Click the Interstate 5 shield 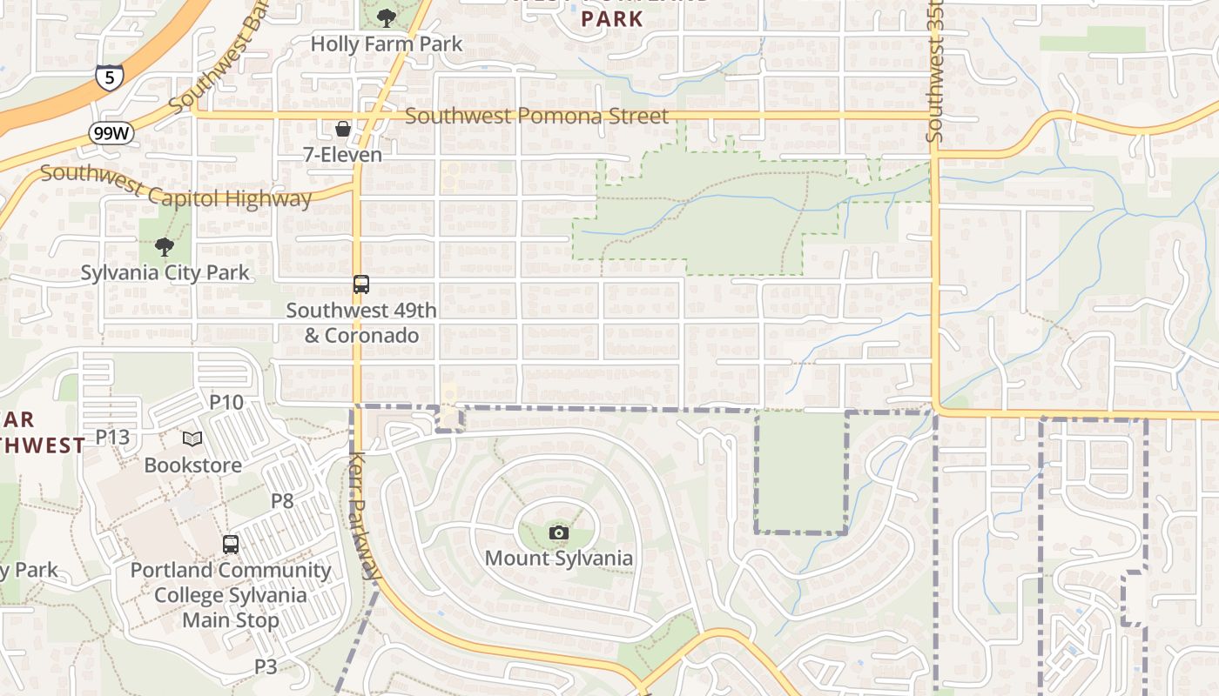109,77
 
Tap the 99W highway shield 111,133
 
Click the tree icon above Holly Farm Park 386,17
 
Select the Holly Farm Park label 387,43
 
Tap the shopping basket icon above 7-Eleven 343,129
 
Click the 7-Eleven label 342,155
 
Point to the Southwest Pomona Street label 536,116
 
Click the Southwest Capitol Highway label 176,186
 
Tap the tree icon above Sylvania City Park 164,247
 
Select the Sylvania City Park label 165,272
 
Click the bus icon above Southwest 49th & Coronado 360,284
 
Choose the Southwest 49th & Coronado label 361,323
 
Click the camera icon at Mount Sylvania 559,532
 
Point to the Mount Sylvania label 559,558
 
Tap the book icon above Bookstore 192,439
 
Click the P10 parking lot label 226,402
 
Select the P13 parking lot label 112,437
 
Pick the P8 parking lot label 282,500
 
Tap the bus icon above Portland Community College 231,545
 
